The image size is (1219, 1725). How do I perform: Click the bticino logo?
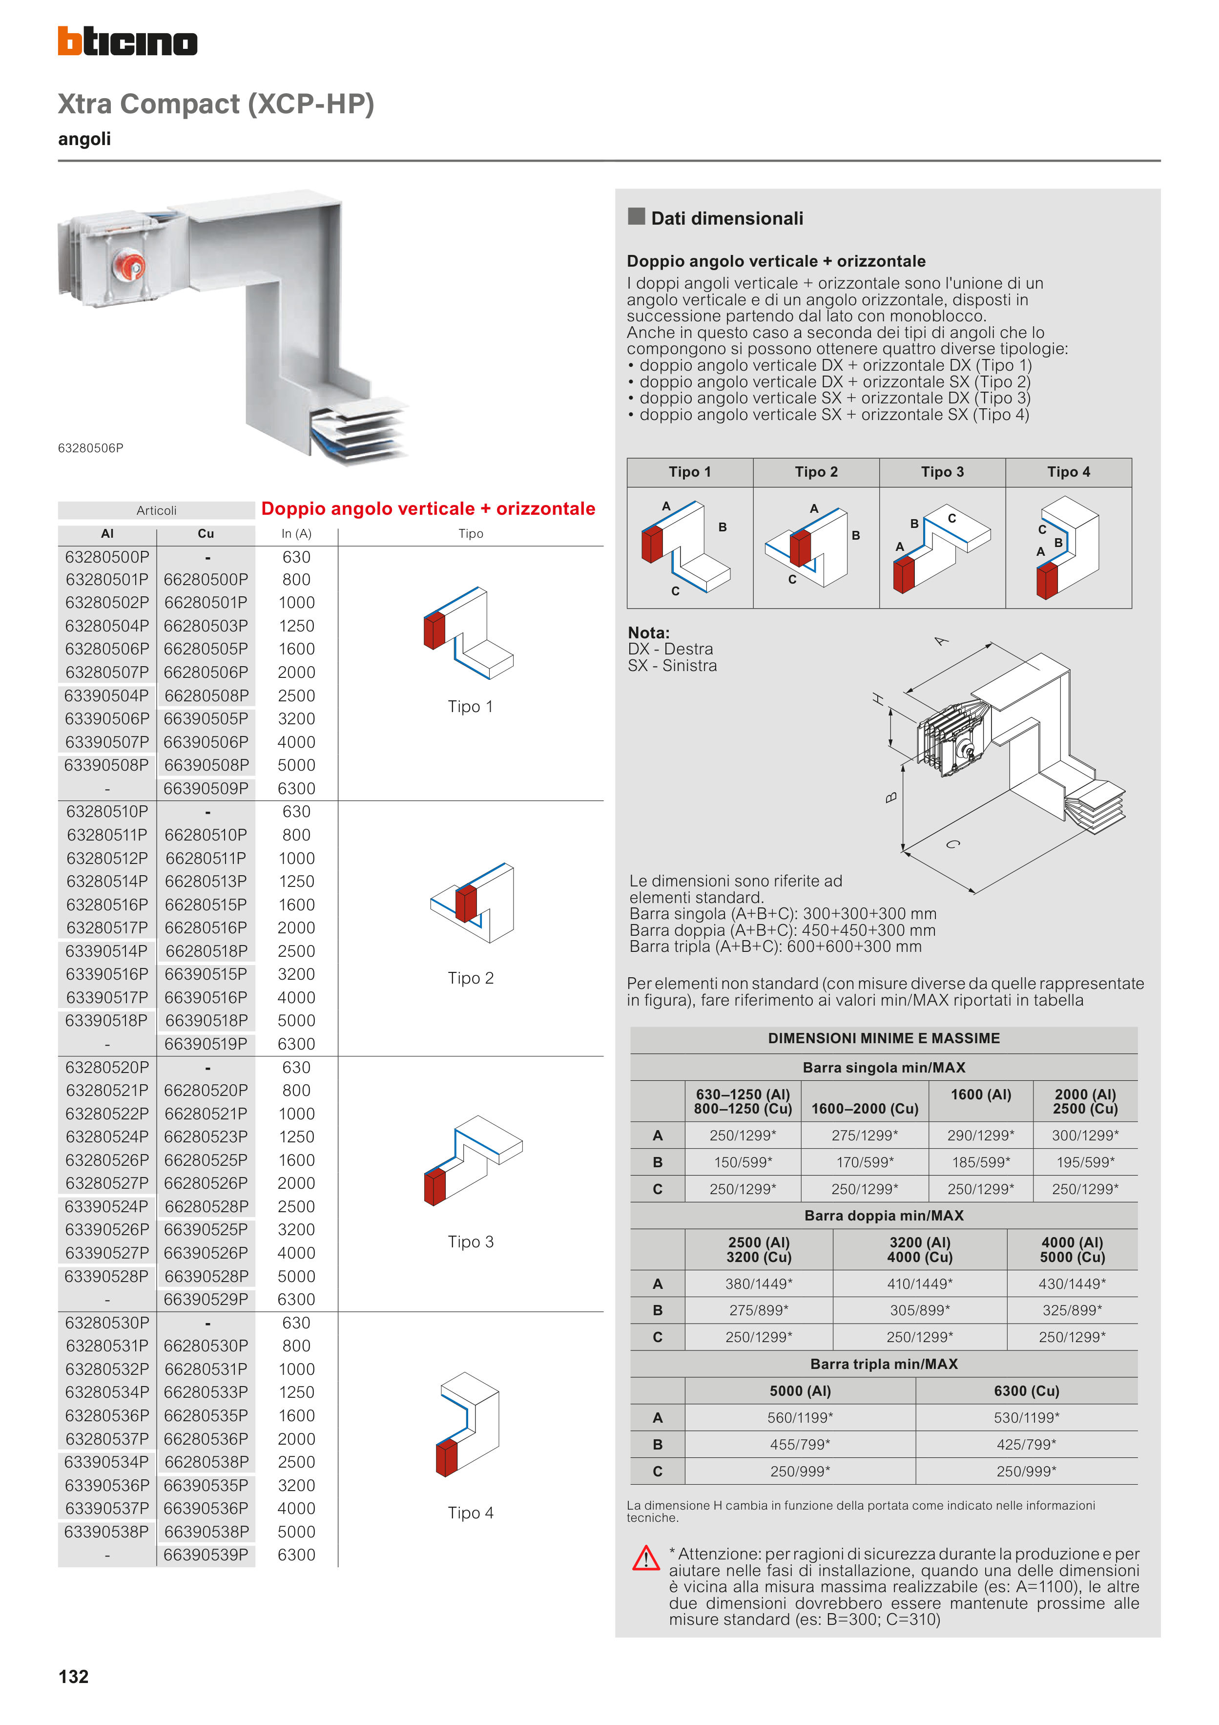tap(128, 42)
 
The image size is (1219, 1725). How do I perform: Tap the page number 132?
tap(74, 1676)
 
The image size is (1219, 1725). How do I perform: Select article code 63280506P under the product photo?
tap(91, 448)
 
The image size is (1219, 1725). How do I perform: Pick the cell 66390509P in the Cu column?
tap(206, 788)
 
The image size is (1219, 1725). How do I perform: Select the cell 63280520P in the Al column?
tap(107, 1067)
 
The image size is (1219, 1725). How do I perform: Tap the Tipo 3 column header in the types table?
tap(942, 472)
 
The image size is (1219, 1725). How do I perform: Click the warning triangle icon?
tap(646, 1559)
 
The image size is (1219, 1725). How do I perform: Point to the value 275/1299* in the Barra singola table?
tap(865, 1135)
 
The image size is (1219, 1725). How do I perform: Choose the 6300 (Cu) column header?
tap(1026, 1390)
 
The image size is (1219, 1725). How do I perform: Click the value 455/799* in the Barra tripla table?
tap(800, 1444)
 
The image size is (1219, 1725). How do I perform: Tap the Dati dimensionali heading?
tap(726, 219)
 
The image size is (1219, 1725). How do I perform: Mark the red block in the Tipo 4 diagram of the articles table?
tap(446, 1457)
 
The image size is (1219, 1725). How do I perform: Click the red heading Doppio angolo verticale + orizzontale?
tap(428, 508)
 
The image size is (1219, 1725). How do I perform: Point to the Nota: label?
tap(649, 632)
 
